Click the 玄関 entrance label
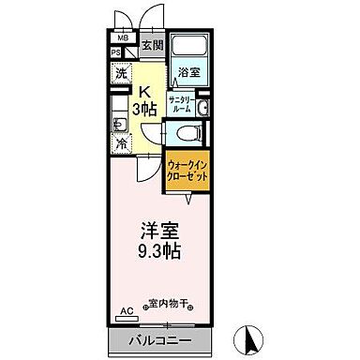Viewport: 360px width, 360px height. tap(152, 45)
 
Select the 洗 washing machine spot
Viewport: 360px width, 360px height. tap(121, 73)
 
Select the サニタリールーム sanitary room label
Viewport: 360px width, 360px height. tap(182, 104)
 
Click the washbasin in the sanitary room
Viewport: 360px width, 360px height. tap(203, 104)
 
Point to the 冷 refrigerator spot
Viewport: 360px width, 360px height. tap(121, 144)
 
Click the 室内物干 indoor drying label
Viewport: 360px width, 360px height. tap(170, 303)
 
